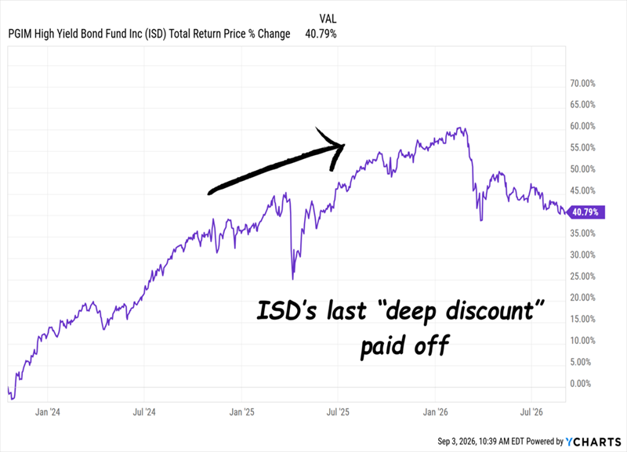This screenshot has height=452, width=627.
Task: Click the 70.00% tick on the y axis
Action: click(x=582, y=84)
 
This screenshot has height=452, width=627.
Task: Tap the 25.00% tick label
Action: click(x=582, y=277)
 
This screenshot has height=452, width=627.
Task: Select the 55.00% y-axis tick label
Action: click(x=582, y=148)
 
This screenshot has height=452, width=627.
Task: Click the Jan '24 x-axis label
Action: click(x=48, y=412)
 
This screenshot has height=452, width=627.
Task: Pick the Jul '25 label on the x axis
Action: click(x=338, y=412)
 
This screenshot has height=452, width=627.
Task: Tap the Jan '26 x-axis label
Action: click(x=435, y=412)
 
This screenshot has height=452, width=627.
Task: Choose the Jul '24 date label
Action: click(x=144, y=412)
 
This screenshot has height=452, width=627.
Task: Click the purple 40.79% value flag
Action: click(x=585, y=212)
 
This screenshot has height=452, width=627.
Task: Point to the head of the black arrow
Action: click(x=344, y=145)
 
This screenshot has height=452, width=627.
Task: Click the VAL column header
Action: click(x=328, y=19)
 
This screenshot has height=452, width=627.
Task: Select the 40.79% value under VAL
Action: click(x=321, y=34)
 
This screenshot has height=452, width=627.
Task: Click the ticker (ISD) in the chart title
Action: click(x=155, y=34)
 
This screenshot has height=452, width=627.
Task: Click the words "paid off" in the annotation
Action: click(x=405, y=345)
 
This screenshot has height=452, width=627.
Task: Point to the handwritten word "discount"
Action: click(x=490, y=310)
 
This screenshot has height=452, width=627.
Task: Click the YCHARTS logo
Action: click(x=593, y=442)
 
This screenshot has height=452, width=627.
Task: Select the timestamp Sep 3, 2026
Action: click(x=456, y=442)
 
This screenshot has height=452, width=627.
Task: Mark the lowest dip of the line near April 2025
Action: click(x=292, y=279)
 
